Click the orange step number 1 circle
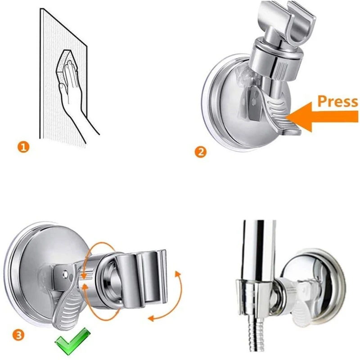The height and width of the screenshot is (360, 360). pos(23,147)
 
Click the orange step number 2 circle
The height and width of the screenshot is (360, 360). pos(201,152)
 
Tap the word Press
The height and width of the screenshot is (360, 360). pos(337,101)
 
